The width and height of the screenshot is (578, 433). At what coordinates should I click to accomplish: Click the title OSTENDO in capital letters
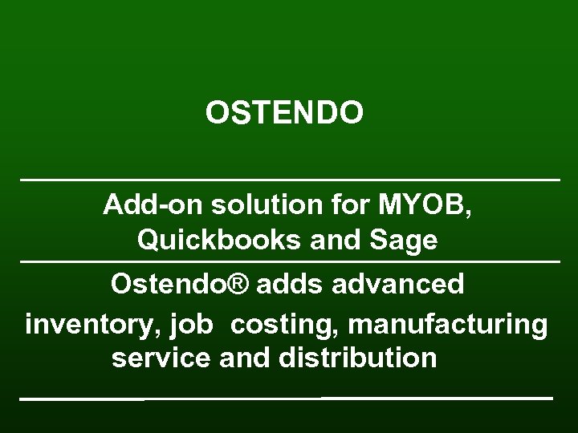(x=284, y=113)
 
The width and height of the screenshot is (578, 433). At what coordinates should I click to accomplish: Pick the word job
(x=191, y=326)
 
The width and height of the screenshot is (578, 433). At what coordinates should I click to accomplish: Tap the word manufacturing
(x=449, y=325)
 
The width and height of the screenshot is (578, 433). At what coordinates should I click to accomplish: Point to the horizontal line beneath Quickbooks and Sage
(x=289, y=261)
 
